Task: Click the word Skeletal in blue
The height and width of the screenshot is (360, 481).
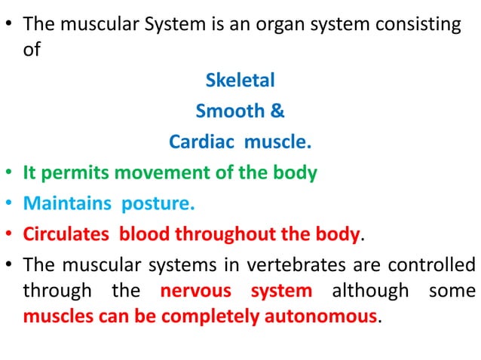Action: pyautogui.click(x=240, y=80)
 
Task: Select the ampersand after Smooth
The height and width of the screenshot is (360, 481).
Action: pyautogui.click(x=277, y=111)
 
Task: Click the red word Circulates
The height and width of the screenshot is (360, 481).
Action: pyautogui.click(x=65, y=234)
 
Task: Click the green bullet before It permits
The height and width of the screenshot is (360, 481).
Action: pyautogui.click(x=11, y=174)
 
